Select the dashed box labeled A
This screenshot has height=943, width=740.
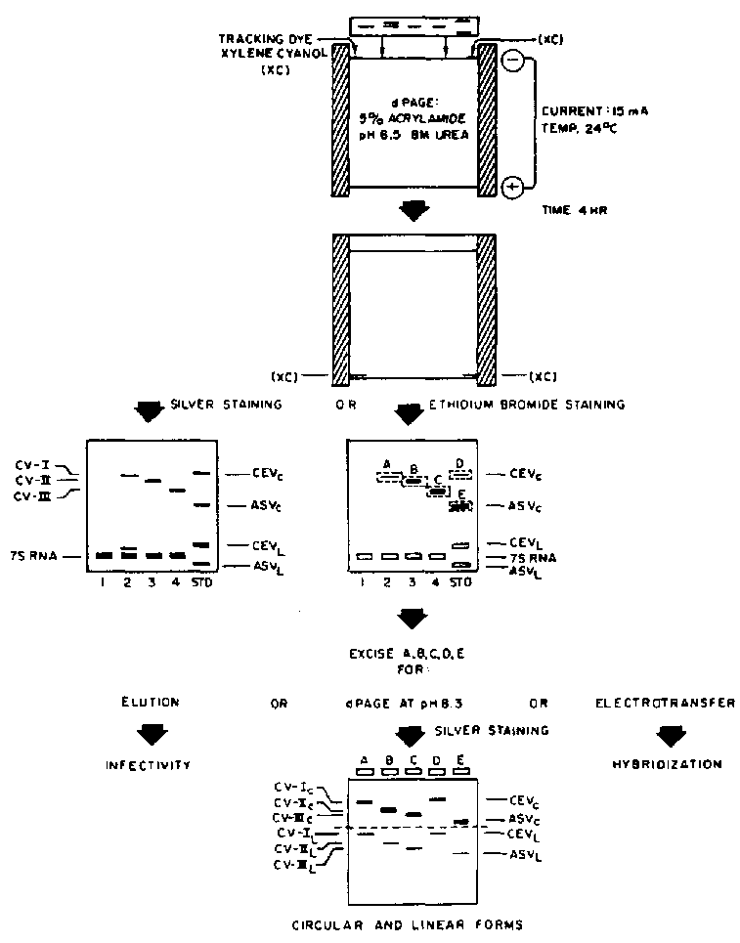click(388, 477)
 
